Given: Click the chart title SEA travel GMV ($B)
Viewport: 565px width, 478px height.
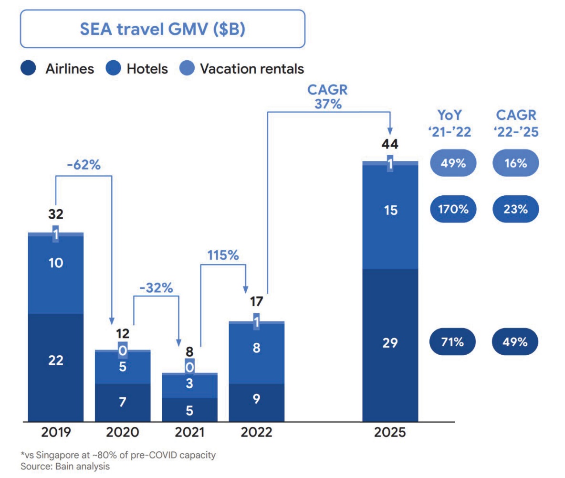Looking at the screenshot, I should (x=162, y=30).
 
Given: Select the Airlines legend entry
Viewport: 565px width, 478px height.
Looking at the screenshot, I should (x=57, y=69).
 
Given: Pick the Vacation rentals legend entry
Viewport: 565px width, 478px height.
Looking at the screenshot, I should (x=242, y=69).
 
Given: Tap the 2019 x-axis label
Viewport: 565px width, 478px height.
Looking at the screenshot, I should (x=56, y=433).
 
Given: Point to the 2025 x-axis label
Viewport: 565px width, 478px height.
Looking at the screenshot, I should (x=390, y=433).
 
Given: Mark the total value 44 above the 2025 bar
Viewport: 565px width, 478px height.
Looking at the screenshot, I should (x=390, y=144).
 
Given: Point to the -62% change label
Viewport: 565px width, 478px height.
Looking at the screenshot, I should (x=84, y=166).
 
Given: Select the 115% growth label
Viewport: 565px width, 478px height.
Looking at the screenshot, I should (x=222, y=255).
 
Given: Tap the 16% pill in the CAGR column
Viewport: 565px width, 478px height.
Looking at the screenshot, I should (x=515, y=163).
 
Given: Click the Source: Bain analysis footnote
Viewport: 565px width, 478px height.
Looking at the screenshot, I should (x=65, y=466).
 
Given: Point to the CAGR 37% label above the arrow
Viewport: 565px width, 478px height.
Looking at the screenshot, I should (x=328, y=97).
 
